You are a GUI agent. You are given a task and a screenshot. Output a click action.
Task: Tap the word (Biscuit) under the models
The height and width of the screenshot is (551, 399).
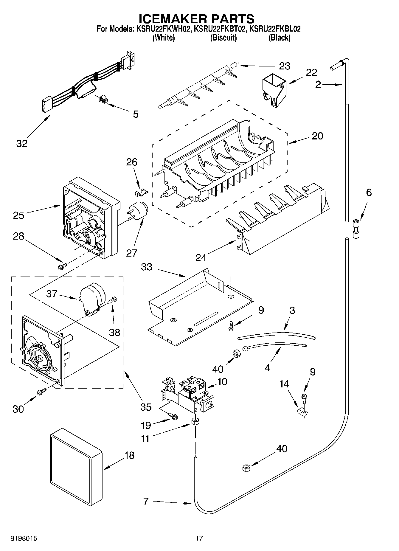[x=223, y=38]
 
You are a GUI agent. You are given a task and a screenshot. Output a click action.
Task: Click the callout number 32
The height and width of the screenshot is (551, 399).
[x=21, y=143]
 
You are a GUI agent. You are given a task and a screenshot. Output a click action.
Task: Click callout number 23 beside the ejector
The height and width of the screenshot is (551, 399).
[x=284, y=66]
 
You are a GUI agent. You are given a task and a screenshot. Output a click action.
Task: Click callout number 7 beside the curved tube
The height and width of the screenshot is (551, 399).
[x=145, y=501]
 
